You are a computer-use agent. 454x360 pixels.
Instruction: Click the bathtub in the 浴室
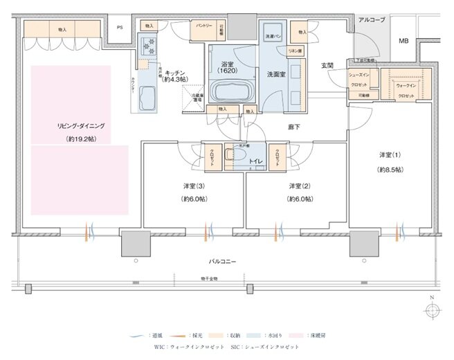pos(228,91)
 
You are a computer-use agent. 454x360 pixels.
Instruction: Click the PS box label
pos(120,28)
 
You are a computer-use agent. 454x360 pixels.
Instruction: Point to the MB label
pos(403,41)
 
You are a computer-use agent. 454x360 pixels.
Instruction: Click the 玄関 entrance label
pos(327,66)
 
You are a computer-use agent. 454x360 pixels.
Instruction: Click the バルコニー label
pos(225,262)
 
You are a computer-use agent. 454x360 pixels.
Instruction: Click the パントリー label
pos(203,25)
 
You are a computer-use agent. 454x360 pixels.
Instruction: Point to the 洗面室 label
pos(277,74)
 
